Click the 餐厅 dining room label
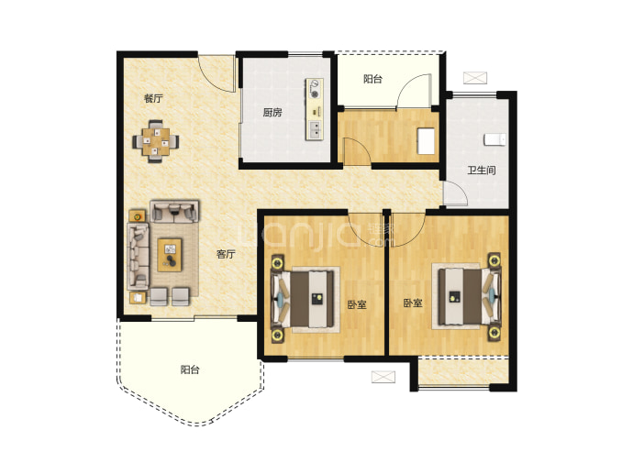tap(153, 98)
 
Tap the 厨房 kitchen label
tap(272, 113)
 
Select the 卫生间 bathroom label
tap(482, 171)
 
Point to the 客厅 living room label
tap(226, 254)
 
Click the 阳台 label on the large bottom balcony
tap(190, 369)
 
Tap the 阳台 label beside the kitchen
tap(372, 79)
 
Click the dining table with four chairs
tap(156, 141)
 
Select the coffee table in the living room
tap(170, 255)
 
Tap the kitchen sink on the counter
tap(315, 129)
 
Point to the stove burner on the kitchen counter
tap(314, 94)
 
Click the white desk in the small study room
tap(426, 141)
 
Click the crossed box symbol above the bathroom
tap(475, 78)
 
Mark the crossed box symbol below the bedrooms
tap(383, 377)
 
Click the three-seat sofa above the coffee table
tap(174, 212)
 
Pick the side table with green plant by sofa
tap(138, 215)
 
